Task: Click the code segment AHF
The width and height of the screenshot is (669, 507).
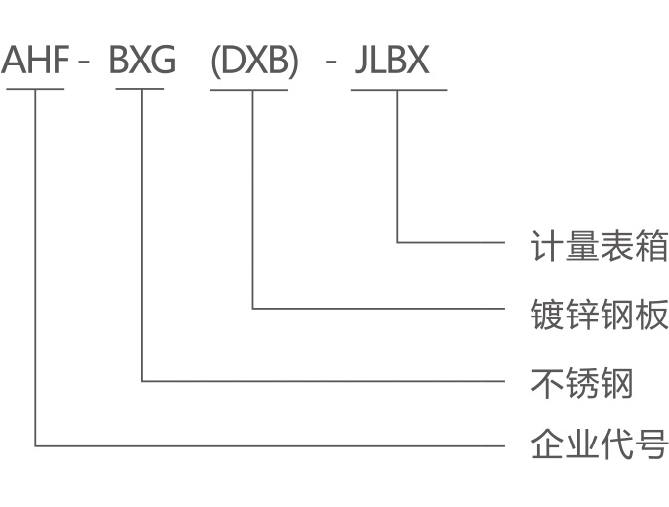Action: pos(36,61)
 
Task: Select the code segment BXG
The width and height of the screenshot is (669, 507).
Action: pos(141,61)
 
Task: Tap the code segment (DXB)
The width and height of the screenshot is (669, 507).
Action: pos(254,61)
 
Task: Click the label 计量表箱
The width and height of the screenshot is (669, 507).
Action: pos(600,244)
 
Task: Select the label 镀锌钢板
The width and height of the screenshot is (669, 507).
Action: pos(600,314)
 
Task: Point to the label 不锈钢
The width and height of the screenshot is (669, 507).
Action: pos(583,382)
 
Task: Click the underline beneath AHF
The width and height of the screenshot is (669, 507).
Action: pos(35,90)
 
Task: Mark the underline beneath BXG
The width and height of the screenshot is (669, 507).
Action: pos(140,90)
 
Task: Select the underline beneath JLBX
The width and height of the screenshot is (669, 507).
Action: pos(399,90)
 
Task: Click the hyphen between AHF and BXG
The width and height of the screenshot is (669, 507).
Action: pos(85,64)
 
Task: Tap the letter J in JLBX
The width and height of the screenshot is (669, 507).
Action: pos(359,61)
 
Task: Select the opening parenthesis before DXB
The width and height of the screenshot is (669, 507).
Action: pos(216,62)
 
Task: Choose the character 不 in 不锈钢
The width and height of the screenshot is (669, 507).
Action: pos(548,382)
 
